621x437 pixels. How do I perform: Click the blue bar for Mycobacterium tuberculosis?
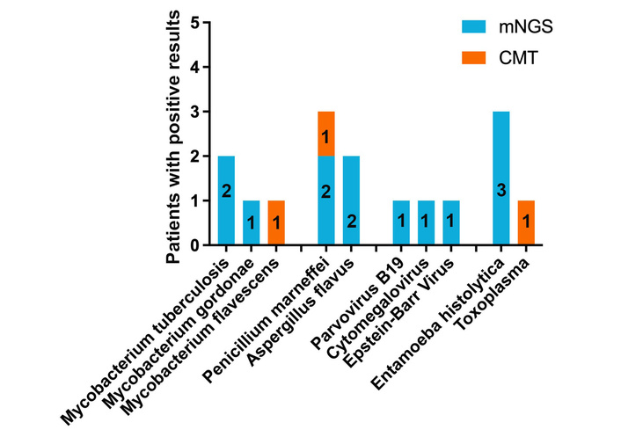(x=226, y=200)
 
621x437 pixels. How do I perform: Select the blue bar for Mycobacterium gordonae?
(x=252, y=223)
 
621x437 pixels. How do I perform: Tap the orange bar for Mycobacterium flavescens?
(x=276, y=223)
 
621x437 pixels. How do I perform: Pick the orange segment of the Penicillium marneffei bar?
(x=325, y=134)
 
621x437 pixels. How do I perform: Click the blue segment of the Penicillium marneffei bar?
(x=325, y=200)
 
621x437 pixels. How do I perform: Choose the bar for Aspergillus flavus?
(x=351, y=200)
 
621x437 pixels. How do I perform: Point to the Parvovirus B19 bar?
(x=400, y=223)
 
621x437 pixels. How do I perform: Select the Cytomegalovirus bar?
(x=426, y=223)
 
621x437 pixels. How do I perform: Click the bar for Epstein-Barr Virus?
(x=450, y=223)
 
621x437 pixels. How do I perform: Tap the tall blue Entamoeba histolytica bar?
(x=500, y=178)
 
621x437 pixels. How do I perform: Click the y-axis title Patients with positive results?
(x=178, y=134)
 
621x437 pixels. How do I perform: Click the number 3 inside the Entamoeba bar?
(x=500, y=191)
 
